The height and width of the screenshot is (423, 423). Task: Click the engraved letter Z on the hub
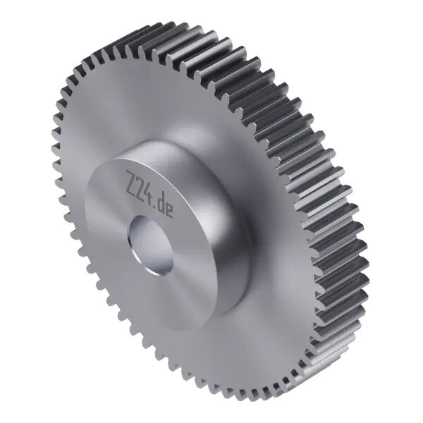point(132,180)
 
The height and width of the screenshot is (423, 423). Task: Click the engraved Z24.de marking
point(149,195)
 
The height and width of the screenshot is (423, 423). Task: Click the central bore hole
point(151,245)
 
